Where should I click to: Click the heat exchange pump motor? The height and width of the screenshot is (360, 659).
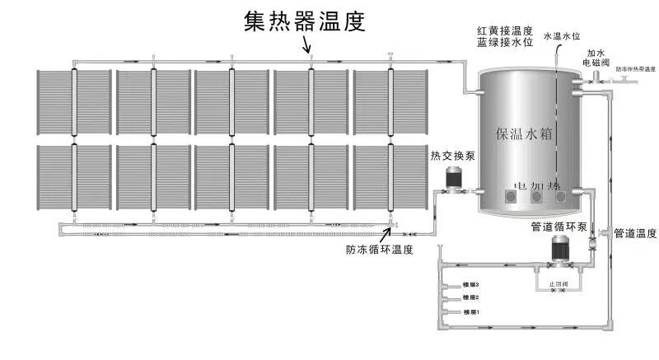coord(452,178)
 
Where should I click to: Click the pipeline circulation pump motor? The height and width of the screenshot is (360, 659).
coord(563,250)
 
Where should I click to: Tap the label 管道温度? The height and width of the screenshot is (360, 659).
coord(635,233)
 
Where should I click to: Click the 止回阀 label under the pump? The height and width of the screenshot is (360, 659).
coord(562,283)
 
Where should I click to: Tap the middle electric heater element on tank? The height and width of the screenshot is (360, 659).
coord(537,197)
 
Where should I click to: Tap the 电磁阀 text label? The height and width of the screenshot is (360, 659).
coord(597,62)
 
